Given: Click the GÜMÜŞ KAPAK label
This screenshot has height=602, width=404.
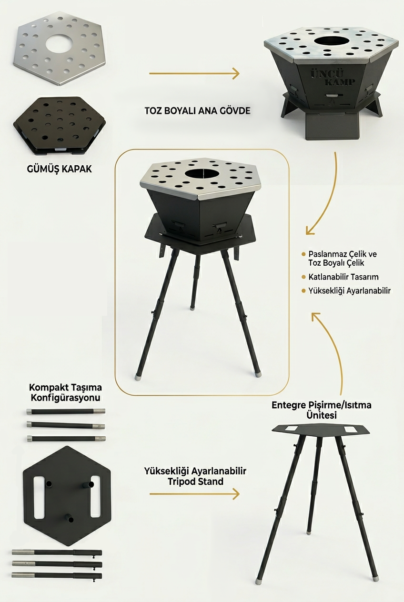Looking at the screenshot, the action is pyautogui.click(x=60, y=169).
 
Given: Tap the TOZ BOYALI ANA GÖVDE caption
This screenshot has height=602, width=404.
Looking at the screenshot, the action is pyautogui.click(x=198, y=110).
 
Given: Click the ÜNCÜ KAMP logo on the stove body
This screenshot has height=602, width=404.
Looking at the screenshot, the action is pyautogui.click(x=333, y=78).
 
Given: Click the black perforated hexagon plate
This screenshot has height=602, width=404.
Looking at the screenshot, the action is pyautogui.click(x=60, y=126).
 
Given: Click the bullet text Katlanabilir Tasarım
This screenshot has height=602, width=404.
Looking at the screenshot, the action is pyautogui.click(x=343, y=277).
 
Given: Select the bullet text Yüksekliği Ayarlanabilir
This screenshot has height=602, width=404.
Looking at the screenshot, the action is pyautogui.click(x=349, y=291).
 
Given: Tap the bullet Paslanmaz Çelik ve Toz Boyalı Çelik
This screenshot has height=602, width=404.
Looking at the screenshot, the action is pyautogui.click(x=343, y=258).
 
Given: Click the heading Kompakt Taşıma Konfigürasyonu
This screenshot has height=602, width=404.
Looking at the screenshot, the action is pyautogui.click(x=66, y=392).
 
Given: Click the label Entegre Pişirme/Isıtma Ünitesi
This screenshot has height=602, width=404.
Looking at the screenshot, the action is pyautogui.click(x=322, y=410).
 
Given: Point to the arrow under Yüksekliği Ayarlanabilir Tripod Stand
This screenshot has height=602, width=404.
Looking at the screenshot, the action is pyautogui.click(x=194, y=494).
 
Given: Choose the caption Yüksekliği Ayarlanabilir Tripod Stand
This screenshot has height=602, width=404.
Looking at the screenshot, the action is pyautogui.click(x=195, y=476).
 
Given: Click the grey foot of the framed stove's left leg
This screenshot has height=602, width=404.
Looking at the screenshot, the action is pyautogui.click(x=138, y=377).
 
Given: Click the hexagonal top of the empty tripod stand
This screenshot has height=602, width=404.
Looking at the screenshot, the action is pyautogui.click(x=321, y=430).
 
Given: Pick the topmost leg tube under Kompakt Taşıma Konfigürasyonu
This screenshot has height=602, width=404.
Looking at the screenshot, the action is pyautogui.click(x=66, y=411).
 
